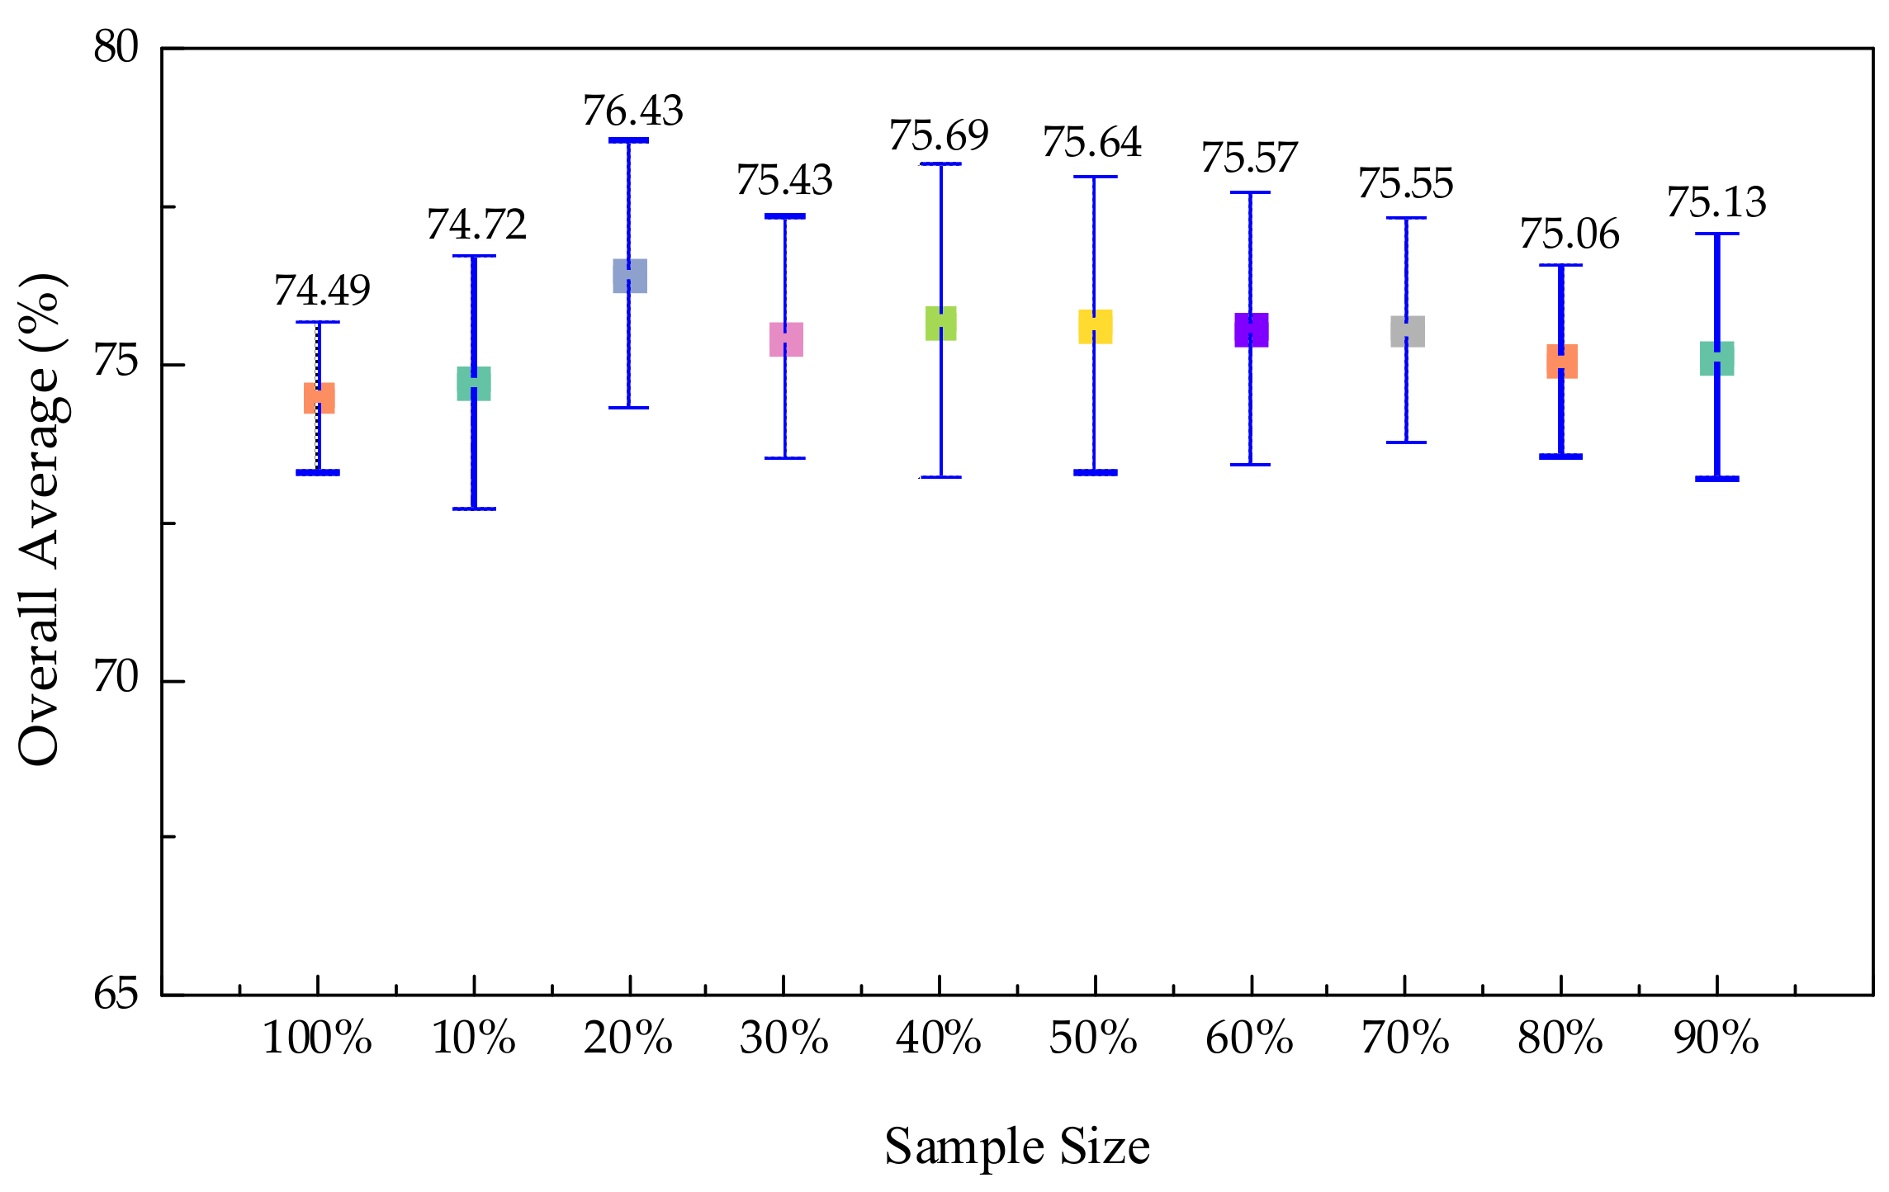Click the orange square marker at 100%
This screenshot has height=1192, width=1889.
click(x=319, y=398)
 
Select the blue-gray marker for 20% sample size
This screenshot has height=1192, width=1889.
click(x=629, y=276)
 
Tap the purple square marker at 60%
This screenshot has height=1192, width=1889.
click(x=1251, y=330)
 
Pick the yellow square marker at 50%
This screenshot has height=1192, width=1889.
click(x=1095, y=327)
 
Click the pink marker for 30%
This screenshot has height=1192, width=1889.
click(x=786, y=339)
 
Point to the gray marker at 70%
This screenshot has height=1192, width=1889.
click(x=1407, y=331)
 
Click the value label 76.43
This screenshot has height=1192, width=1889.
click(x=633, y=111)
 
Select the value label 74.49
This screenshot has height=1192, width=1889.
click(x=322, y=291)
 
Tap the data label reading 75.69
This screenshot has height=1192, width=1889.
click(x=939, y=136)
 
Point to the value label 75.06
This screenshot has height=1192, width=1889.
click(x=1569, y=235)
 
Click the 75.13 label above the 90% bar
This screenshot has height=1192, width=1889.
click(x=1716, y=203)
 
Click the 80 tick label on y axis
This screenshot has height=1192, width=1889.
click(x=116, y=48)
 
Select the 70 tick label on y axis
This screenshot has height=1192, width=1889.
click(x=116, y=679)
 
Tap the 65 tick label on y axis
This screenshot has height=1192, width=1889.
click(x=116, y=994)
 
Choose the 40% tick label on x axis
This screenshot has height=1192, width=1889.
click(x=939, y=1038)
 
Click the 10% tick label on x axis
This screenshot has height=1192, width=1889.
click(x=474, y=1038)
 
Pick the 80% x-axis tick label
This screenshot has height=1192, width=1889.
click(x=1560, y=1038)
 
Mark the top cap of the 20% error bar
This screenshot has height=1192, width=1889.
click(x=629, y=140)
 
